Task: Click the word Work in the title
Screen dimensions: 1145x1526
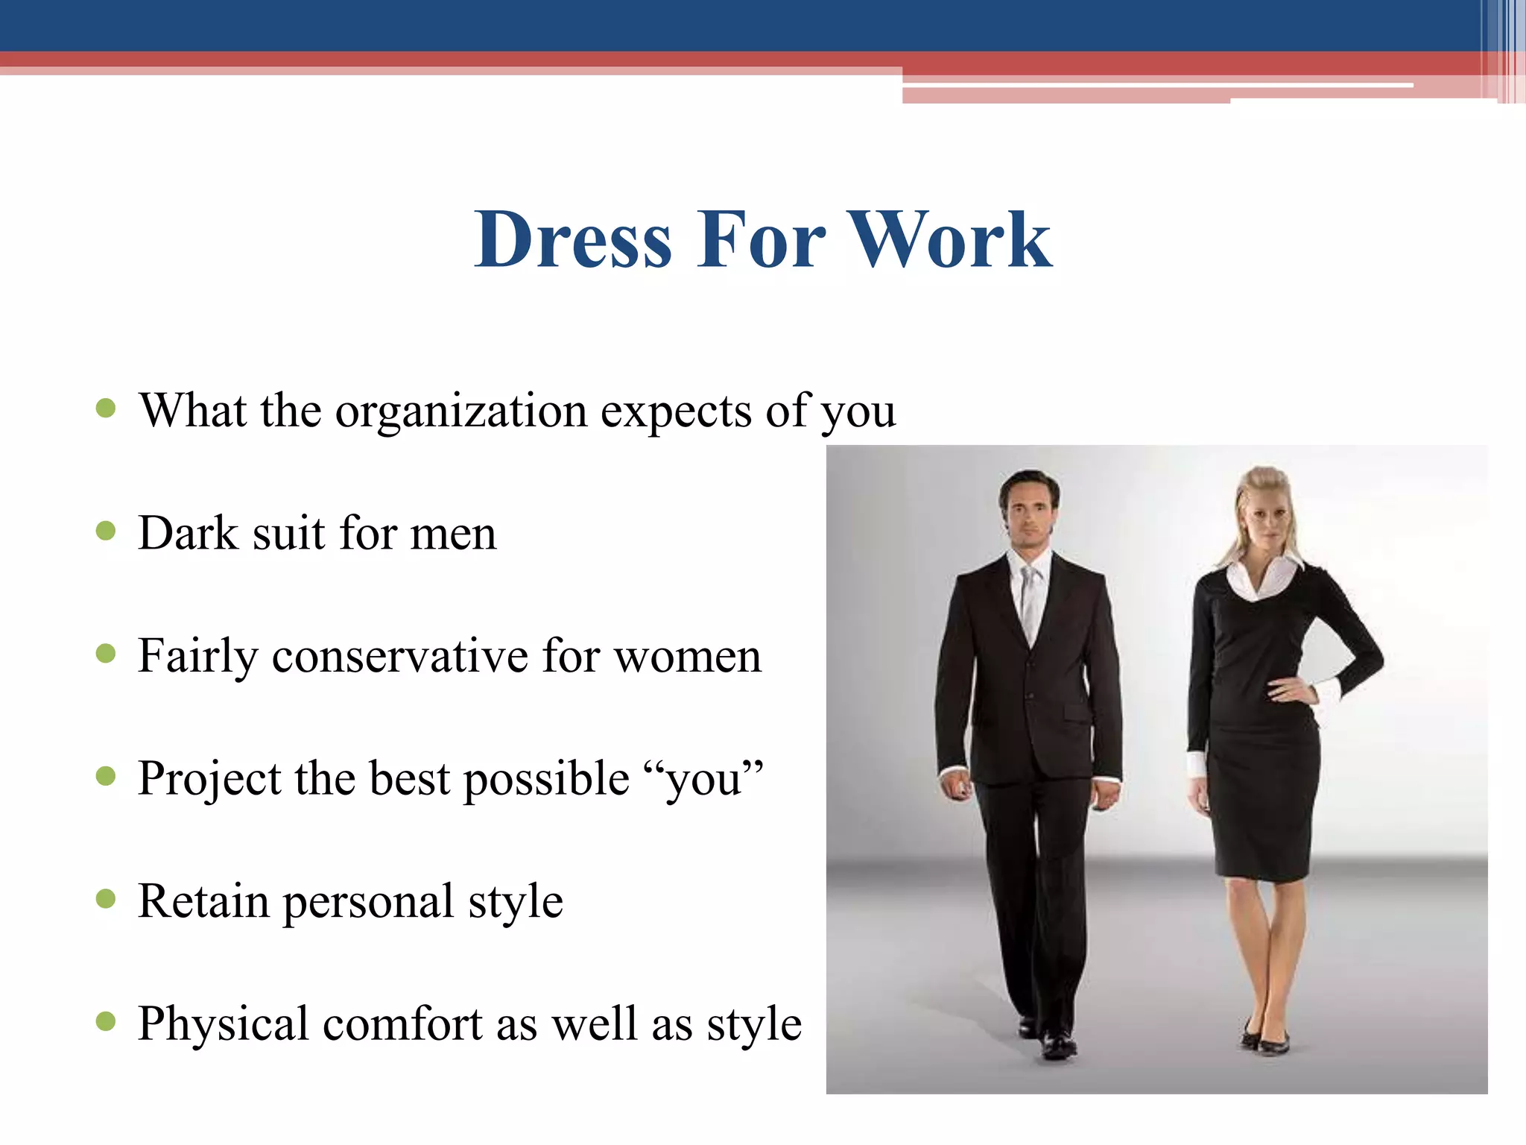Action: [952, 239]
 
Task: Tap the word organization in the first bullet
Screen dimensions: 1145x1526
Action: [461, 411]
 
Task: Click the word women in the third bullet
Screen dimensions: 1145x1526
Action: [687, 656]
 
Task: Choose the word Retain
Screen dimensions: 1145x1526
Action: [203, 901]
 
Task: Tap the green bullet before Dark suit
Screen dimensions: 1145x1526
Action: [107, 531]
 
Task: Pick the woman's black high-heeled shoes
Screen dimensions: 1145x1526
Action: [1266, 1041]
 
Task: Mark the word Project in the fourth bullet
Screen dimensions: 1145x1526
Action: [209, 779]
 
